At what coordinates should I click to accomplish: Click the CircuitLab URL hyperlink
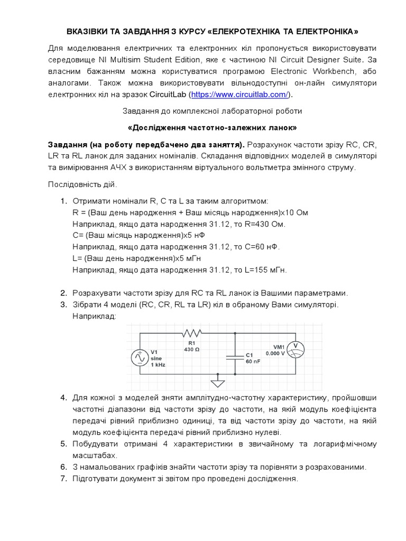[239, 95]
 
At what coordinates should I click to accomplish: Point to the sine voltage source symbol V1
[140, 358]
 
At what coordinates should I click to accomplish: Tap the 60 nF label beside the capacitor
[253, 362]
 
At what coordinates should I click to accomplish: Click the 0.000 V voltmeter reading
[275, 353]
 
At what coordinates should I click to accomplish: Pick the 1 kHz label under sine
[158, 365]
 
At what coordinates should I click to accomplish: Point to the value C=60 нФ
[261, 247]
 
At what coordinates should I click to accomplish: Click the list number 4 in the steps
[63, 397]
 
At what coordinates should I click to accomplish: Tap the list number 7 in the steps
[63, 479]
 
